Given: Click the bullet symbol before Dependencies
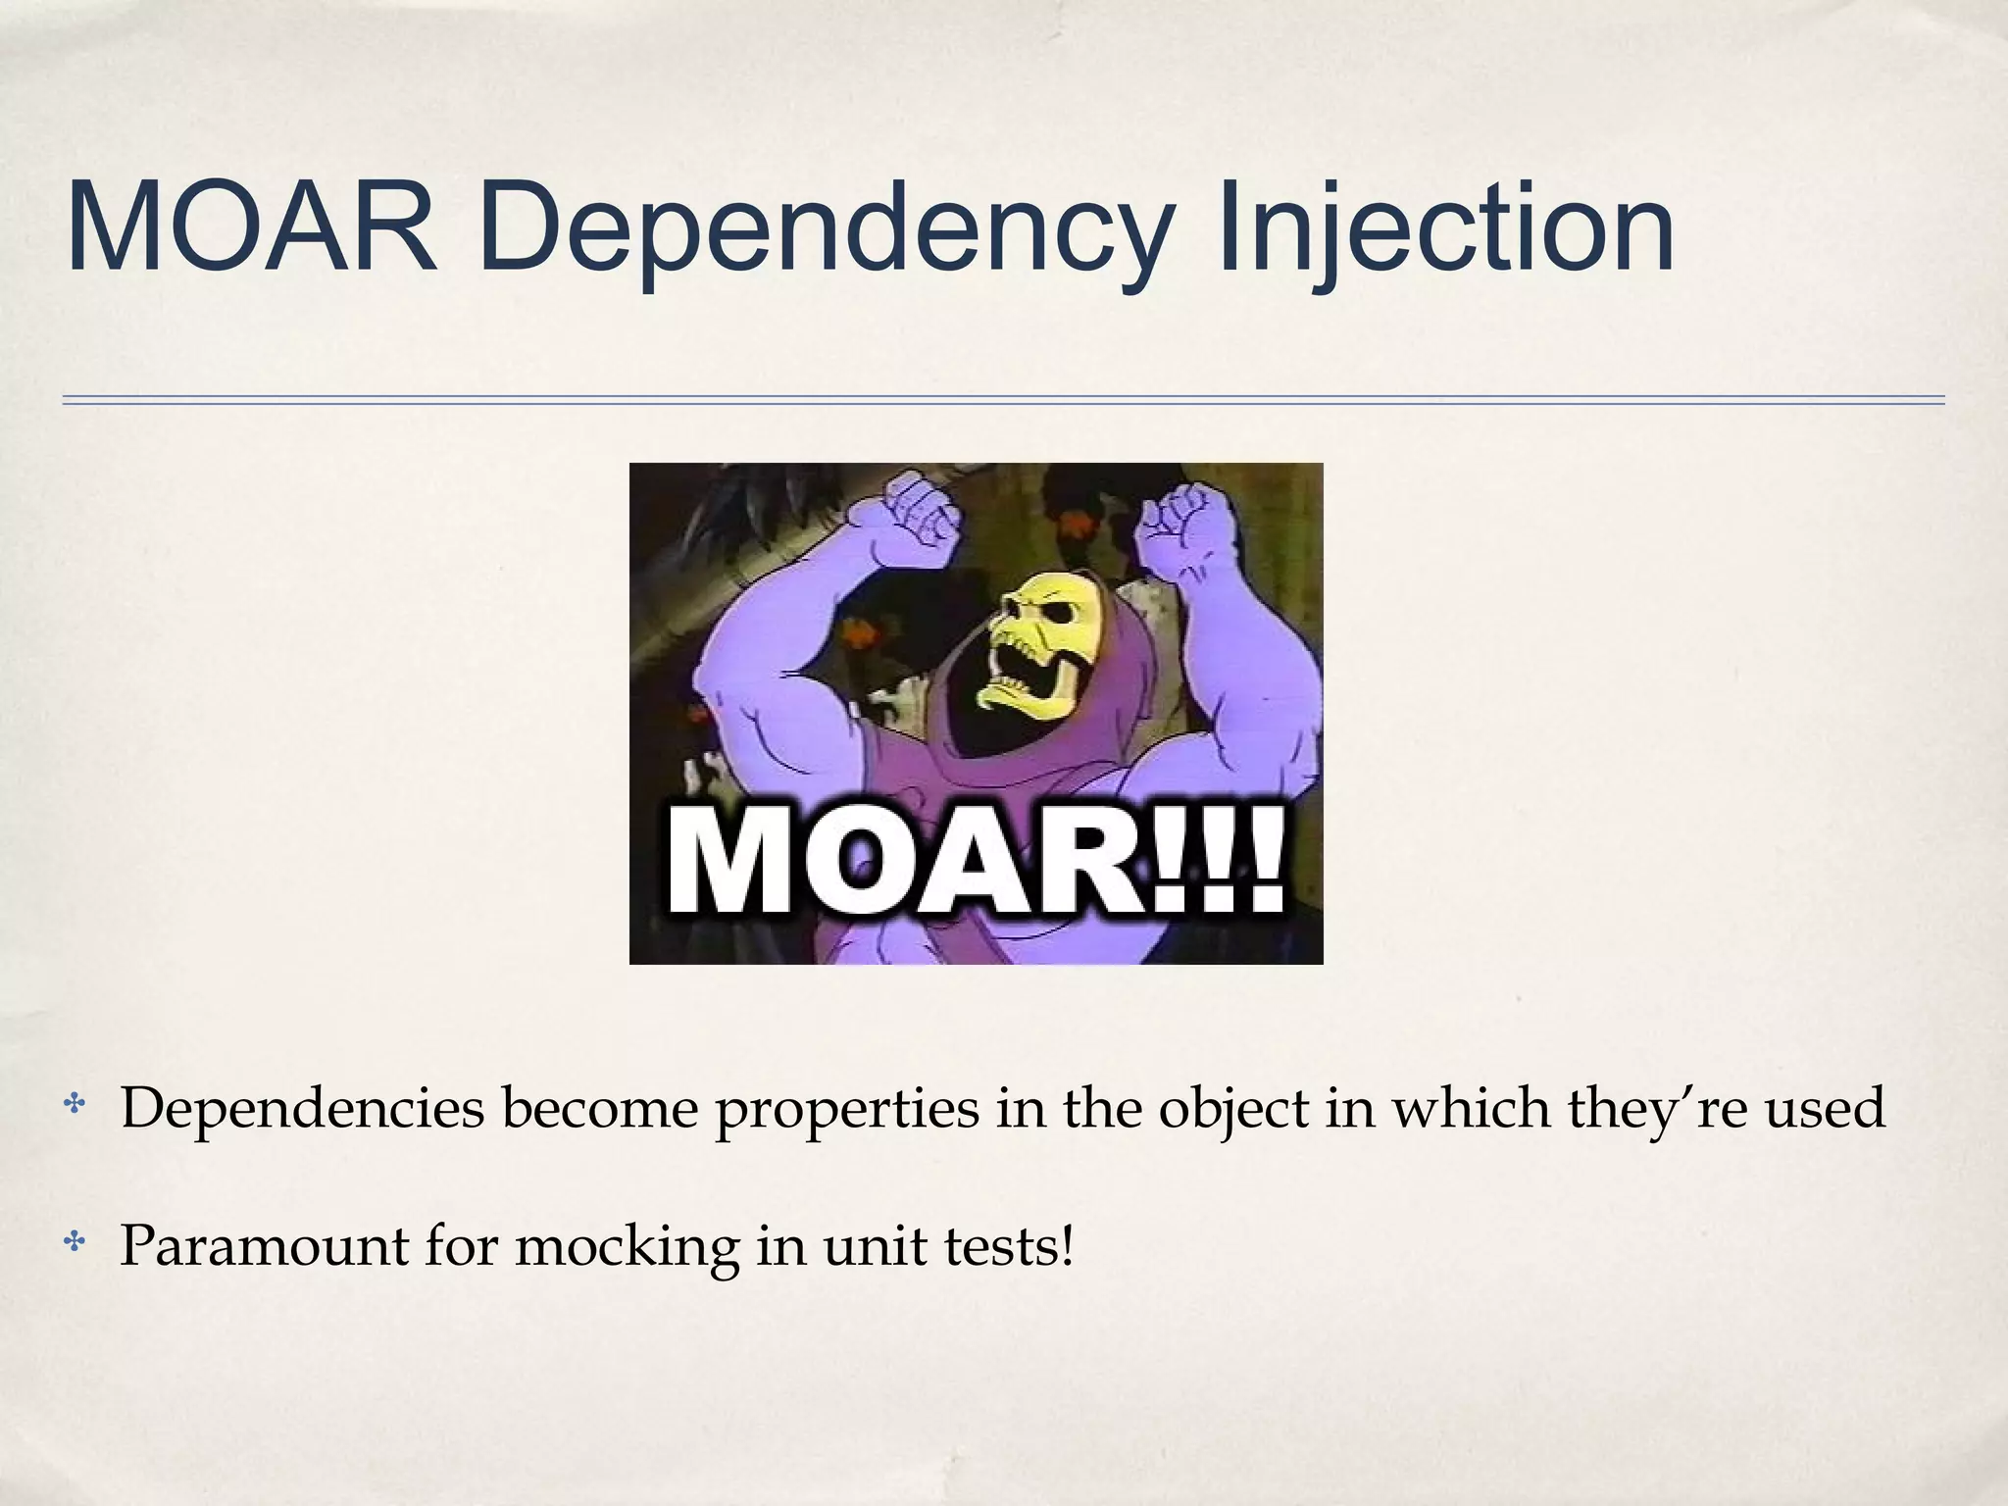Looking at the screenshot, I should [75, 1108].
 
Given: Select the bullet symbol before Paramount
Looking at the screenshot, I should [75, 1246].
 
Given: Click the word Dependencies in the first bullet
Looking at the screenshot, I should [302, 1108].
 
